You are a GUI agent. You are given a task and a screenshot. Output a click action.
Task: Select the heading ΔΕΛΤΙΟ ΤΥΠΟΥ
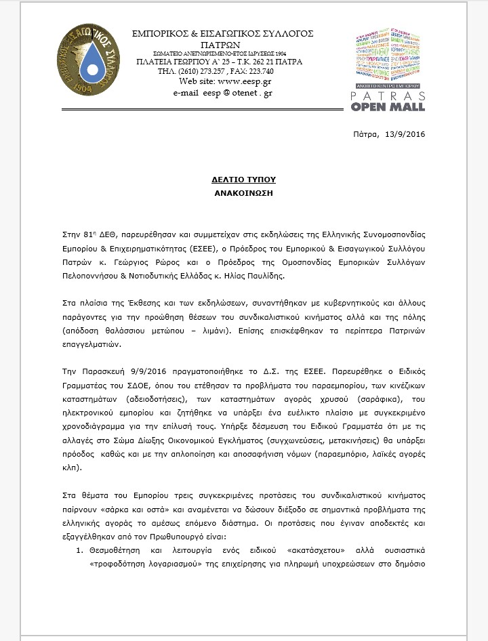pos(243,180)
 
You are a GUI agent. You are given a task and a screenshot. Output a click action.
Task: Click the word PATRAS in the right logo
pos(391,96)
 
